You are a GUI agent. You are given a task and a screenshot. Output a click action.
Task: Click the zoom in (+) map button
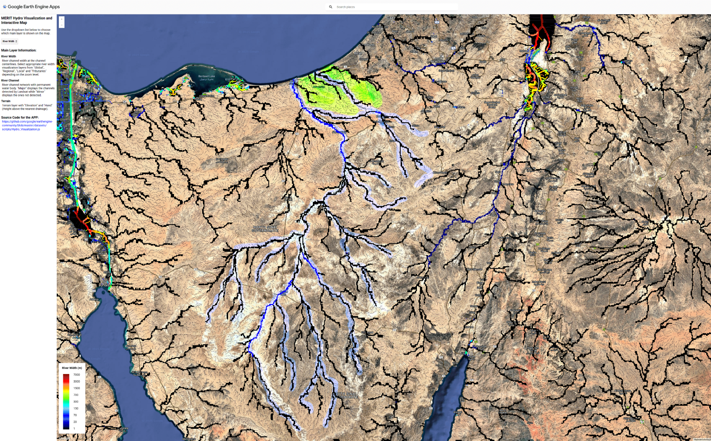click(x=61, y=19)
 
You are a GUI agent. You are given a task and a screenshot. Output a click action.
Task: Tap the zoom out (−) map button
click(x=61, y=25)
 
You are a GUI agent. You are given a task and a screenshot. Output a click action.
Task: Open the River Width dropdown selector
click(x=10, y=41)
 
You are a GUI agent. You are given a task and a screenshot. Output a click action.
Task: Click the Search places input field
click(x=396, y=7)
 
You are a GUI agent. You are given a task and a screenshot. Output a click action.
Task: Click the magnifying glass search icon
click(x=331, y=7)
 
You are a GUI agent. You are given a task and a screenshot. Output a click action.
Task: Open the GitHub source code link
click(x=27, y=125)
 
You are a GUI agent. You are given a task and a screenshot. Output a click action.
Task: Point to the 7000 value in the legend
click(x=77, y=375)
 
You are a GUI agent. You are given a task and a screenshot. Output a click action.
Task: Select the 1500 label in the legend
click(x=77, y=388)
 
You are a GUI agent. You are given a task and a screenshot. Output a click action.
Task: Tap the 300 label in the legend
click(x=76, y=401)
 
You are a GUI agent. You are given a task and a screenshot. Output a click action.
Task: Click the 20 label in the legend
click(x=75, y=422)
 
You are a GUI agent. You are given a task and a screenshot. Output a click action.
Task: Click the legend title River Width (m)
click(x=72, y=368)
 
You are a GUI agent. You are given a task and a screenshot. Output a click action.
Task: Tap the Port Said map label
click(x=69, y=57)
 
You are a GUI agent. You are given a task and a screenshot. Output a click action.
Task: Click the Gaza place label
click(x=390, y=18)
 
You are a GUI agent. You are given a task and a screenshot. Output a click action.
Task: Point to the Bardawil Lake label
click(x=206, y=76)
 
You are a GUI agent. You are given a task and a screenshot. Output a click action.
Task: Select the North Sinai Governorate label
click(x=265, y=229)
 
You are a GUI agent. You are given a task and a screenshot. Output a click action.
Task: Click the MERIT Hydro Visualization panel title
click(x=27, y=20)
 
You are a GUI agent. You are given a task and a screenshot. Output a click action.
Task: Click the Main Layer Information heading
click(x=19, y=50)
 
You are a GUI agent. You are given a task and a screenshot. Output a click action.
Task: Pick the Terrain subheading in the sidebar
click(x=6, y=101)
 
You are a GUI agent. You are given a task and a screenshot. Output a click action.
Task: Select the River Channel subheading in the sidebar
click(x=10, y=80)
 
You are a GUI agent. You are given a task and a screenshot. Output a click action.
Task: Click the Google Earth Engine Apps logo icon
click(x=5, y=7)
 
